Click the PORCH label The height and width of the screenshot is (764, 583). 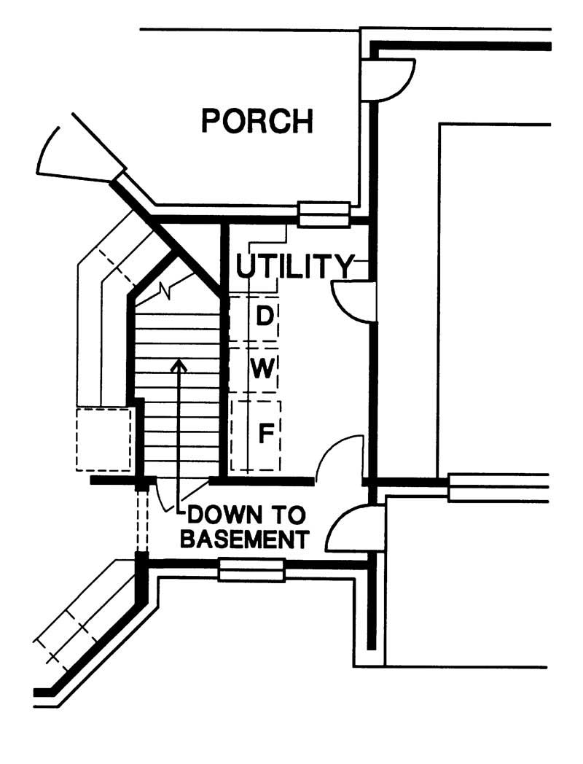(257, 121)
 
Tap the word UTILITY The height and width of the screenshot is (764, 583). (294, 267)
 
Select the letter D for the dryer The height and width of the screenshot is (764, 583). (266, 316)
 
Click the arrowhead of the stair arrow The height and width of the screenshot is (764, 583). (177, 365)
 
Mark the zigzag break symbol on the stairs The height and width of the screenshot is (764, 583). (168, 290)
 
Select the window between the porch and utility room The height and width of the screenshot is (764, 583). (324, 215)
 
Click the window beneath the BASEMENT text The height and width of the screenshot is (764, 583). (251, 569)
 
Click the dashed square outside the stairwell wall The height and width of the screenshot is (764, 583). (103, 438)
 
